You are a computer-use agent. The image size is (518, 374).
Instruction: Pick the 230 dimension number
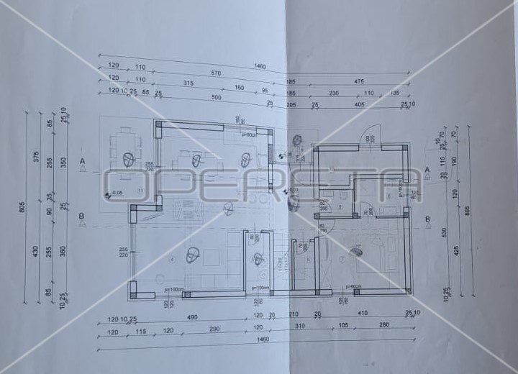(335, 93)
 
